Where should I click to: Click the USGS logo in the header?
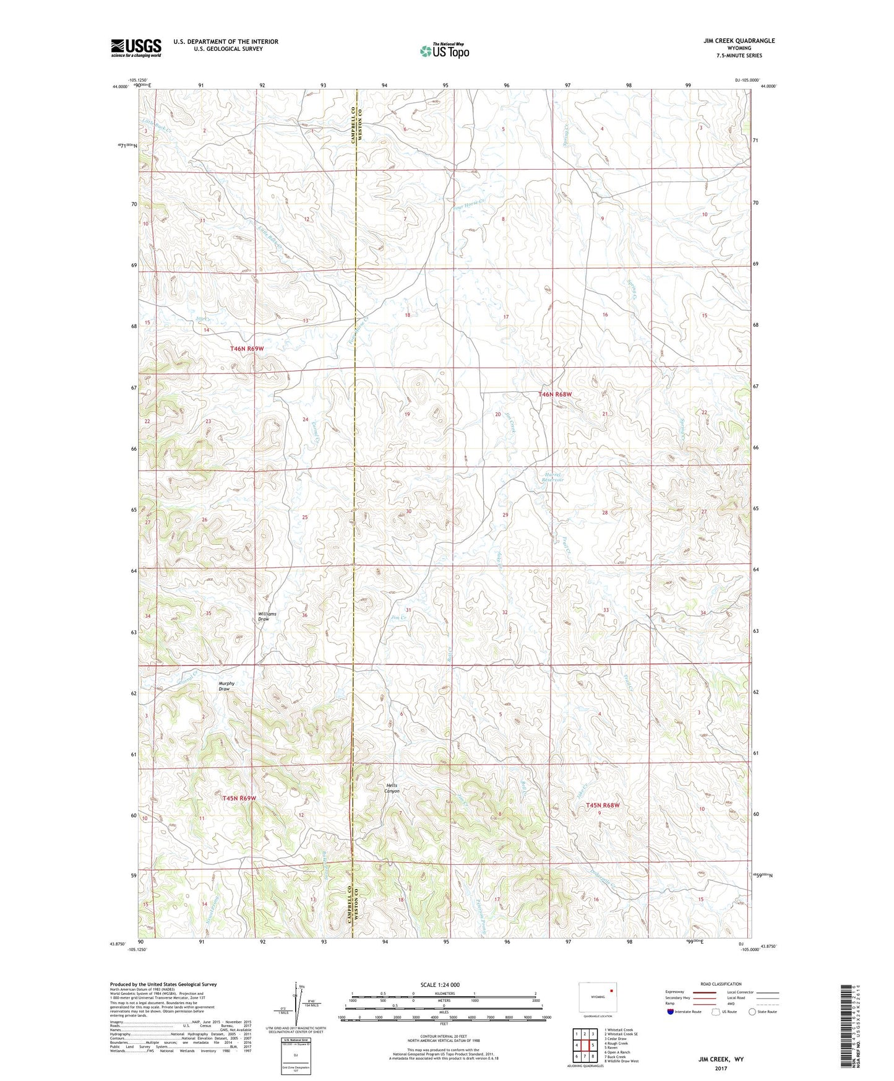pyautogui.click(x=136, y=48)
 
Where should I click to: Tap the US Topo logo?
pyautogui.click(x=444, y=51)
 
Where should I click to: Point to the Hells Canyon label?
pyautogui.click(x=392, y=788)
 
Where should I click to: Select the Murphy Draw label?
pyautogui.click(x=226, y=686)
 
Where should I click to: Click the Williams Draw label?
pyautogui.click(x=267, y=617)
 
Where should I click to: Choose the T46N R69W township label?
pyautogui.click(x=247, y=349)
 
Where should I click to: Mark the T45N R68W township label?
pyautogui.click(x=602, y=805)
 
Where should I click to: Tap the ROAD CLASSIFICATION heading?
pyautogui.click(x=721, y=984)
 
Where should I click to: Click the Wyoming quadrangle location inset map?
pyautogui.click(x=597, y=999)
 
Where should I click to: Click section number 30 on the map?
pyautogui.click(x=408, y=511)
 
